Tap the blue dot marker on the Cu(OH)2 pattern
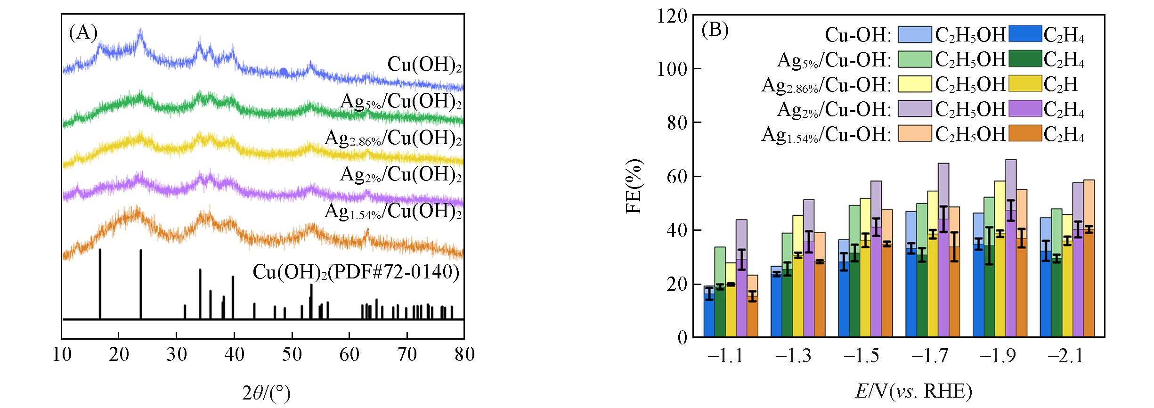pos(284,72)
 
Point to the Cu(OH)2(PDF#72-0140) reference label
pos(356,273)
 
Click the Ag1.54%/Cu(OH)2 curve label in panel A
pos(393,212)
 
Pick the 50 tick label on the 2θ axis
pos(292,354)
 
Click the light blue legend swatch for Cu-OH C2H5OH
pos(914,35)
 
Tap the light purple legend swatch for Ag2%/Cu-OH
pos(914,109)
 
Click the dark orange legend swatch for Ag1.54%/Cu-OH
pos(1025,134)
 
